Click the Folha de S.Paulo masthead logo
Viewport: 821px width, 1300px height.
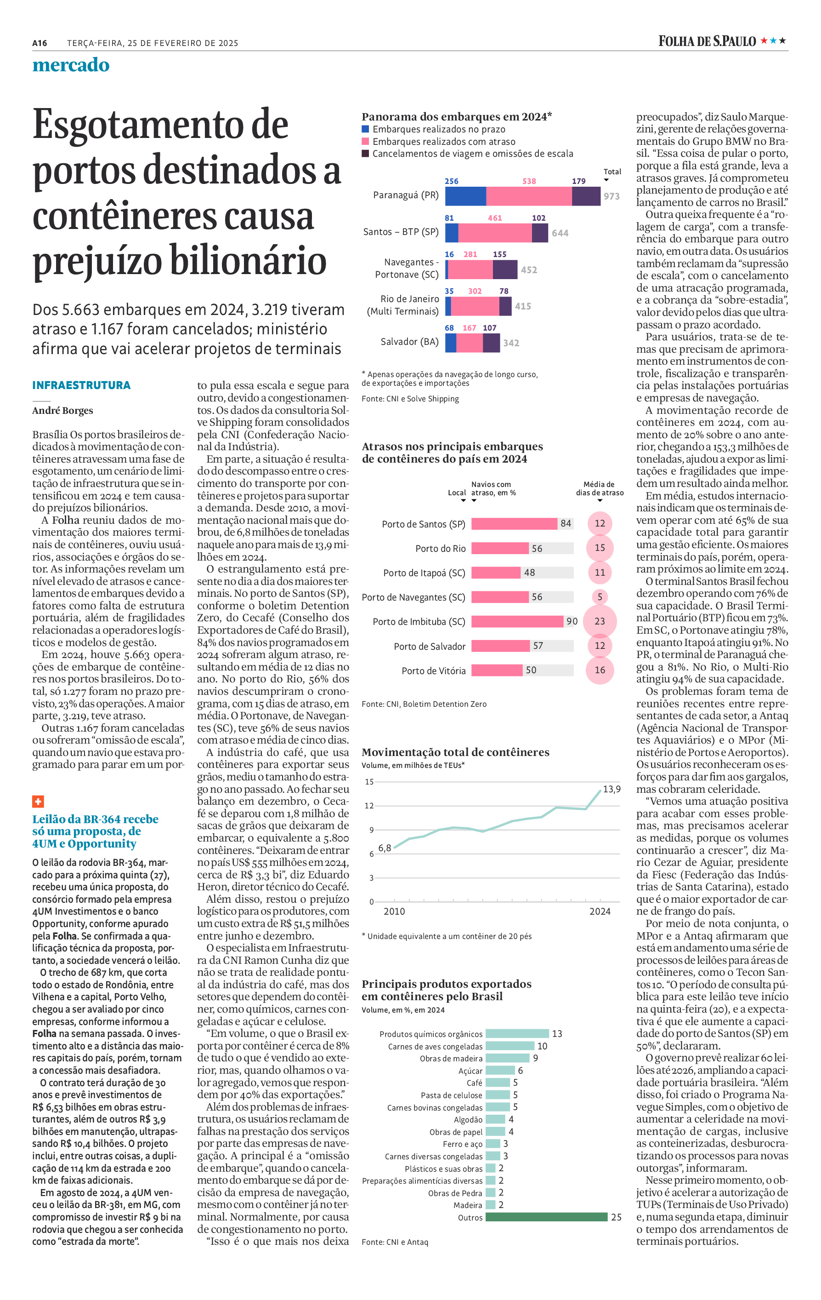click(722, 41)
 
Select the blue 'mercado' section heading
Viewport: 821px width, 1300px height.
click(71, 65)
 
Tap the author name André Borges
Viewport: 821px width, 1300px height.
click(62, 410)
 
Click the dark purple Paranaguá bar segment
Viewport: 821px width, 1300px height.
click(586, 196)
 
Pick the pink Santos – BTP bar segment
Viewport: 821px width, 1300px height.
click(495, 233)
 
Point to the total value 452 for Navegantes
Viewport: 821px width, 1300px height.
click(529, 270)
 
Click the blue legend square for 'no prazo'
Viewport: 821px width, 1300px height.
click(365, 129)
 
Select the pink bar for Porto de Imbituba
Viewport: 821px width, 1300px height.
click(517, 621)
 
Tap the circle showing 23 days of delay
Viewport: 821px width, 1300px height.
click(600, 621)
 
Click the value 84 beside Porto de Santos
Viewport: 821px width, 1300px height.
click(565, 523)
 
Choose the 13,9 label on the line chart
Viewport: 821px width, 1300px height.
click(611, 789)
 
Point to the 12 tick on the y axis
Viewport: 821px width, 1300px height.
click(369, 806)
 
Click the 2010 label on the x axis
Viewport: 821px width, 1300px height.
click(394, 911)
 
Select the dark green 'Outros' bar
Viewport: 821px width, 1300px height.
click(546, 1217)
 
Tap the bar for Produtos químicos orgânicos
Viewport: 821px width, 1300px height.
click(517, 1033)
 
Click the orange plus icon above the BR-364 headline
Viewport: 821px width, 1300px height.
click(38, 801)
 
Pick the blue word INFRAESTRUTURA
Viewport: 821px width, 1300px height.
click(81, 385)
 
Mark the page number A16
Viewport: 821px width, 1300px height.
click(40, 43)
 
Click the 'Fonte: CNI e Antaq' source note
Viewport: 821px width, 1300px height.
click(395, 1242)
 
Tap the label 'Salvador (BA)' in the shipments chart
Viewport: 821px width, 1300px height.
click(409, 342)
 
